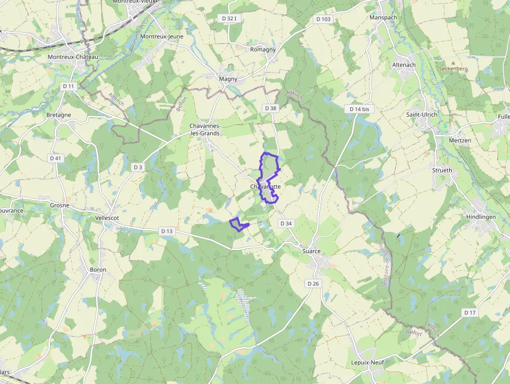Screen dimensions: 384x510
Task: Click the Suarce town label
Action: (x=312, y=251)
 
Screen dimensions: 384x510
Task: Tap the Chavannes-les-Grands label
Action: (x=205, y=130)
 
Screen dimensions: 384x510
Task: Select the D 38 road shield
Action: (x=270, y=108)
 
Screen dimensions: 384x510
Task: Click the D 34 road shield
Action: (x=286, y=223)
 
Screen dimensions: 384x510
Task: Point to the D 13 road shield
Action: (x=167, y=231)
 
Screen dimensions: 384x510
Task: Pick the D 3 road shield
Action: (x=137, y=167)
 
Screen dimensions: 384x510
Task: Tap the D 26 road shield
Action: (x=313, y=283)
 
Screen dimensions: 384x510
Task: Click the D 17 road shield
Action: (x=469, y=312)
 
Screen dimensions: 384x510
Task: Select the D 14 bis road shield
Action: (x=359, y=109)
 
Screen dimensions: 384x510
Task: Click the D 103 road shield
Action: (x=323, y=19)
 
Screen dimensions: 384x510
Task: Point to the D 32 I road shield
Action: (x=229, y=18)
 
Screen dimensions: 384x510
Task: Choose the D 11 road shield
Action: (x=68, y=86)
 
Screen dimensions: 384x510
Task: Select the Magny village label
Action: (x=228, y=79)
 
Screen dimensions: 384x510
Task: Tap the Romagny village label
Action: (x=263, y=49)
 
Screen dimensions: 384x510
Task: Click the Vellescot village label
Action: (x=107, y=217)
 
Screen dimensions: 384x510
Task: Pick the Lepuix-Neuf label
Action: (x=367, y=363)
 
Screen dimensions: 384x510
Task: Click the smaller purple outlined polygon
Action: (x=238, y=224)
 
